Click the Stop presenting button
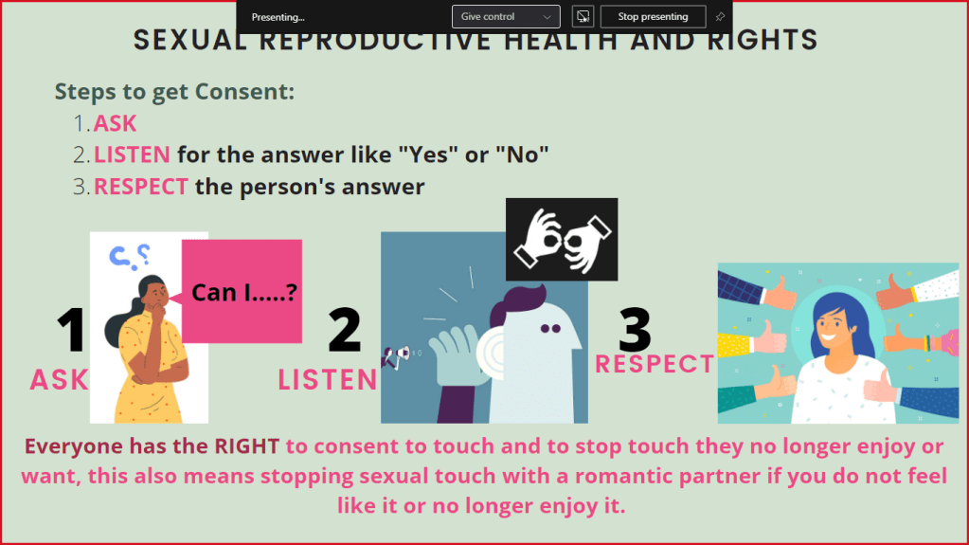point(653,17)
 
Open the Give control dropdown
point(506,17)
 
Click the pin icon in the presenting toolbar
point(720,17)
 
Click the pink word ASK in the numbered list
point(115,124)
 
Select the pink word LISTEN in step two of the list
point(132,154)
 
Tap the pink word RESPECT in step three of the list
point(140,187)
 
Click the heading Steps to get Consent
point(174,92)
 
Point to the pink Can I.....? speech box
point(242,291)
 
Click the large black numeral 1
point(72,330)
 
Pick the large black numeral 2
point(344,330)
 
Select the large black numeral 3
point(634,329)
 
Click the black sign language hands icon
point(562,240)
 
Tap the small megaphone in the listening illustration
point(397,356)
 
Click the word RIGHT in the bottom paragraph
point(246,446)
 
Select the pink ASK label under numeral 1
point(60,380)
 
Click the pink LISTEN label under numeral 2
point(328,380)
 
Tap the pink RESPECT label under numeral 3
point(655,364)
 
